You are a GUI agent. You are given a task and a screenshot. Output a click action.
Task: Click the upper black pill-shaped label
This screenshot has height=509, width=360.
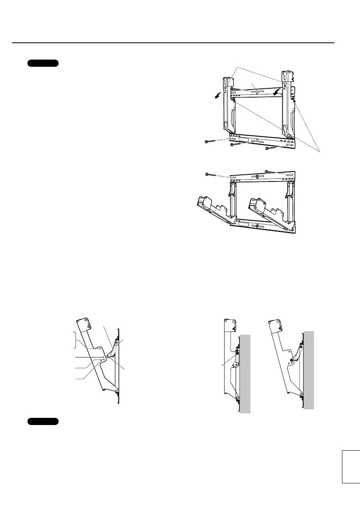pos(43,63)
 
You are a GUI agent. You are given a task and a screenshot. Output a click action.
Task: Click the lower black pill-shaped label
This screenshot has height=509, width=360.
pos(43,421)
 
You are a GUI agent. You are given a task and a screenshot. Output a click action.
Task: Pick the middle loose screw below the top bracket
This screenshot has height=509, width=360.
pos(238,145)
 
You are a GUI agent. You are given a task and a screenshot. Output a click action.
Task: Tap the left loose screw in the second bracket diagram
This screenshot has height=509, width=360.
pos(213,175)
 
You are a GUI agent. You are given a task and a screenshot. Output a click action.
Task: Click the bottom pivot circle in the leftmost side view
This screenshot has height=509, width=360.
pos(116,389)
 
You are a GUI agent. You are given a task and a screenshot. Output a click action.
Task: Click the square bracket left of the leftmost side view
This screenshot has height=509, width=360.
pos(74,340)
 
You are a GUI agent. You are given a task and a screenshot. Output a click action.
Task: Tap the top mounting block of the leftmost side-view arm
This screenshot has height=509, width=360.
pos(83,325)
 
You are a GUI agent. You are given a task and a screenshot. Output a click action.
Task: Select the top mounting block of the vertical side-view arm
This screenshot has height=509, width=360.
pos(229,326)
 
